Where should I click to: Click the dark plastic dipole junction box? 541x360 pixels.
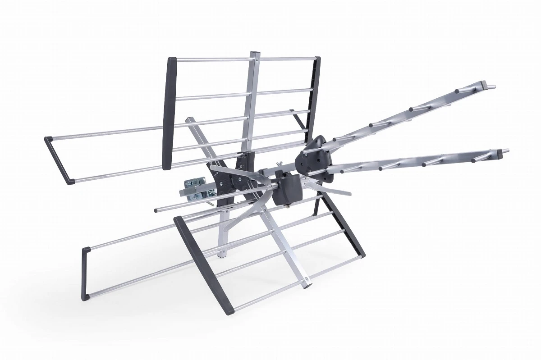click(287, 191)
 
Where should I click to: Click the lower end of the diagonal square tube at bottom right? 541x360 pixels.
click(307, 283)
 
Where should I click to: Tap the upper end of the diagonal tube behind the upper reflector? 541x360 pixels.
click(189, 120)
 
